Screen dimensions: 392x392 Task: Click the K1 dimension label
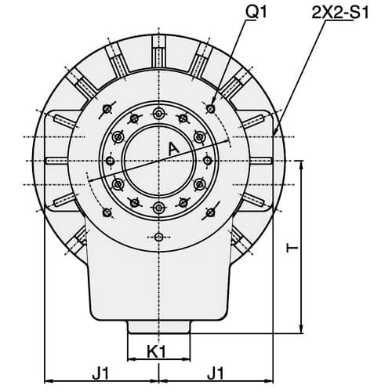click(157, 352)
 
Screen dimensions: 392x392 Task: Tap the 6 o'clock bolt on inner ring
click(158, 207)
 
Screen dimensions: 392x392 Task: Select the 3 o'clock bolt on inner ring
click(207, 160)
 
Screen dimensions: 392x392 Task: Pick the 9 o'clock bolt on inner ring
click(111, 160)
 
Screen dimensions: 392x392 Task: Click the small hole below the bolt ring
click(158, 237)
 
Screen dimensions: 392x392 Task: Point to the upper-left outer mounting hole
click(107, 108)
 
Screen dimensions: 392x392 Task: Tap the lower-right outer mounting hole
click(211, 212)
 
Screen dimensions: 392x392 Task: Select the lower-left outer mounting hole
click(107, 212)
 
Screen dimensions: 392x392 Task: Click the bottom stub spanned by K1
click(158, 327)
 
